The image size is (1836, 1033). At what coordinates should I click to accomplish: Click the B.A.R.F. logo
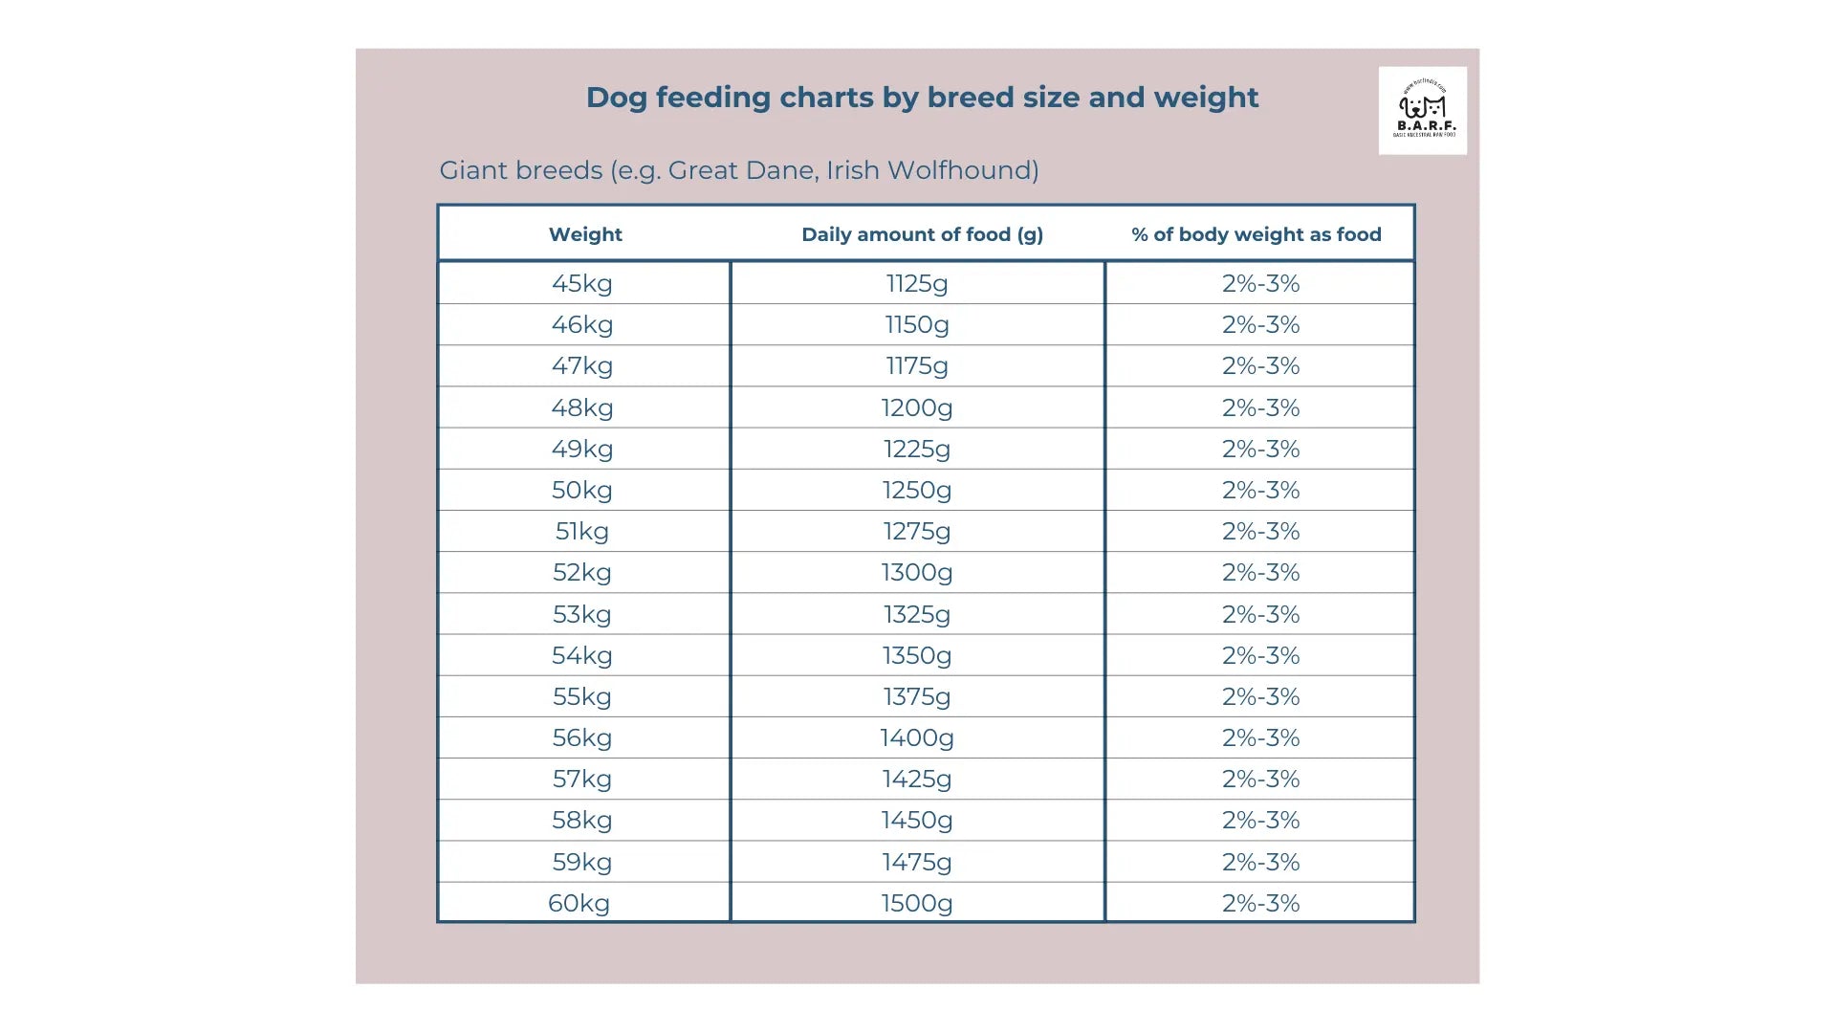[1423, 111]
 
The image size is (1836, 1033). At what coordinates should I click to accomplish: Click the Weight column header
[585, 234]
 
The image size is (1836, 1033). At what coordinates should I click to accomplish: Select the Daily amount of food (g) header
[922, 234]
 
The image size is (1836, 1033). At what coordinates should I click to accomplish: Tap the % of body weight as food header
[1257, 234]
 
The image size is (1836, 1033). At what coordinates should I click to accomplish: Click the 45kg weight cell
[582, 283]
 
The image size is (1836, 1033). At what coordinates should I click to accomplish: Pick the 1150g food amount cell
[917, 324]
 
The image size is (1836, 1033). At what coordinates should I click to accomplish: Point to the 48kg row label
[582, 407]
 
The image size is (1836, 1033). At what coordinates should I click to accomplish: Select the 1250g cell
[917, 490]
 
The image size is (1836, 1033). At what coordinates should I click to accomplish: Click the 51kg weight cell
[582, 531]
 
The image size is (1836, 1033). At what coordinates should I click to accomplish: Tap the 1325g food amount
[917, 614]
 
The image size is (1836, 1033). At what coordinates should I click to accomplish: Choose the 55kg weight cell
[582, 696]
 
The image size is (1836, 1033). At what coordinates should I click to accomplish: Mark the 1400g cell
[917, 737]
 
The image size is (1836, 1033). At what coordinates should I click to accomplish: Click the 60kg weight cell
[579, 903]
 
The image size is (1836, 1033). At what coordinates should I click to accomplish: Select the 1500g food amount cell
[917, 903]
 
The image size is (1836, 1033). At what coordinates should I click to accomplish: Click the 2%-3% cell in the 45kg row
[1260, 283]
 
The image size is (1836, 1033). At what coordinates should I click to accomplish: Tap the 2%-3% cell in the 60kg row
[1260, 903]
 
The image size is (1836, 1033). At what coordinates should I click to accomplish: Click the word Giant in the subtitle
[473, 170]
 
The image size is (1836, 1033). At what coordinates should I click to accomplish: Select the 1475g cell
[917, 862]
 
